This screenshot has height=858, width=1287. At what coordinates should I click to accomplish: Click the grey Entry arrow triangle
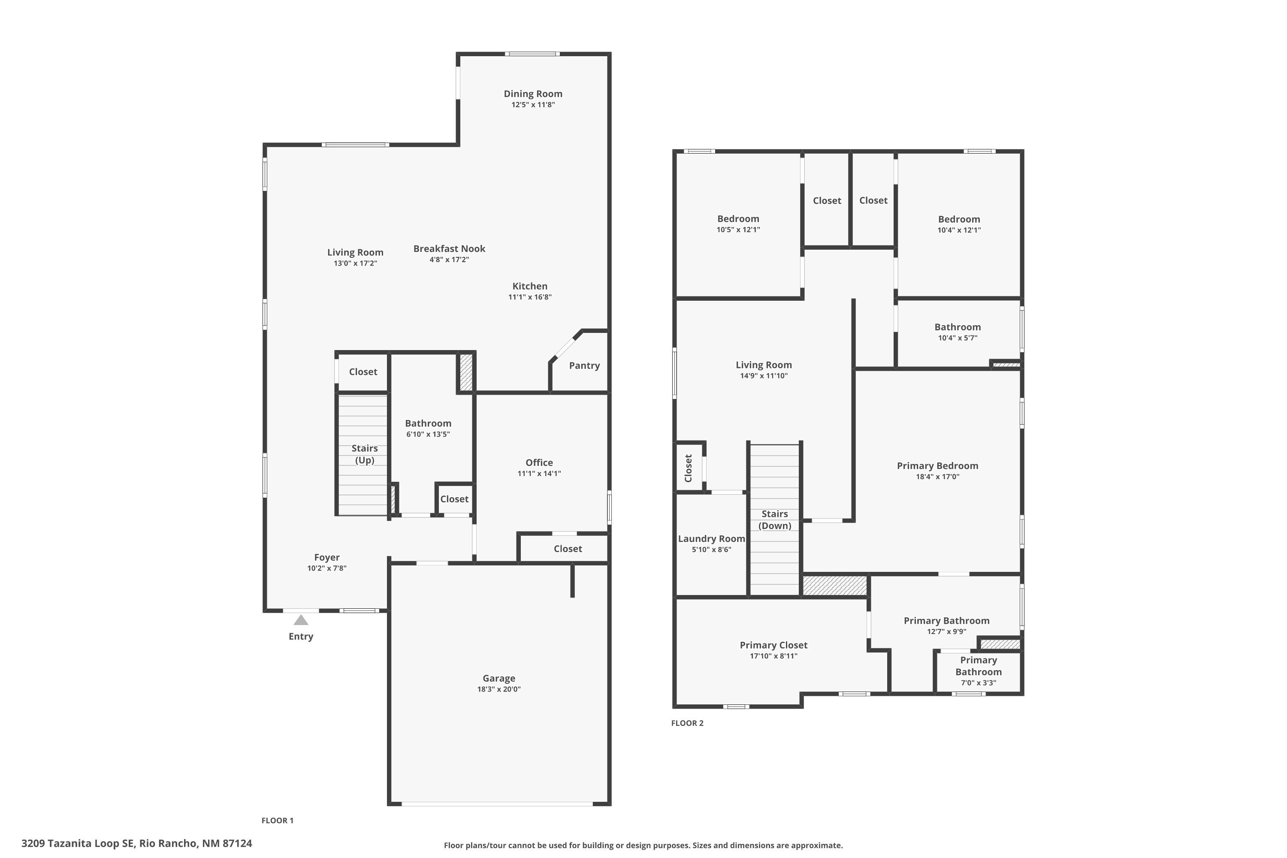coord(300,620)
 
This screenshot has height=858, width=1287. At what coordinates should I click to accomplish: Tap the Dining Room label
coord(532,94)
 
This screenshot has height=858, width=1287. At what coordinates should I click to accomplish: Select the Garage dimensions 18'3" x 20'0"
coord(498,689)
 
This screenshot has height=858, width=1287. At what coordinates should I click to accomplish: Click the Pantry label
coord(584,366)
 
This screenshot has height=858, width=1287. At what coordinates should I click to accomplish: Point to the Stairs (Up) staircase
coord(364,454)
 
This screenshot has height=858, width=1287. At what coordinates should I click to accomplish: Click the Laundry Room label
coord(711,538)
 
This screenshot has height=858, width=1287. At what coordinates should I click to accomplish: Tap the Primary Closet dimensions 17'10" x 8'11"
coord(773,656)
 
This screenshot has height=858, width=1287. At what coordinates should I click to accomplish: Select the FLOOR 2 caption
coord(687,723)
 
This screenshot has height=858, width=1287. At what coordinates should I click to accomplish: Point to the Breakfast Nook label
coord(449,248)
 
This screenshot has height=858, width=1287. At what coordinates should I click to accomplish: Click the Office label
coord(539,462)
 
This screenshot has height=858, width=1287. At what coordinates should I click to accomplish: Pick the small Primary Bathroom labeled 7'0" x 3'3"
coord(978,671)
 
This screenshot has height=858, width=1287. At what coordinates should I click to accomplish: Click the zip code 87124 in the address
coord(237,843)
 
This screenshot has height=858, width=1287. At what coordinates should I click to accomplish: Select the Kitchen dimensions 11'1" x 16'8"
coord(530,297)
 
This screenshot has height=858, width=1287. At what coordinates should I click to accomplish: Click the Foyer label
coord(326,557)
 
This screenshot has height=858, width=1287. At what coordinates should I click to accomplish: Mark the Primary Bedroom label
coord(937,465)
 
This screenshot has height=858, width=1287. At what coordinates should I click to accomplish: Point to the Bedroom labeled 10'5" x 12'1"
coord(737,219)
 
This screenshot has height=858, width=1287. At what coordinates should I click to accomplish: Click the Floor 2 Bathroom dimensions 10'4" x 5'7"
coord(957,338)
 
